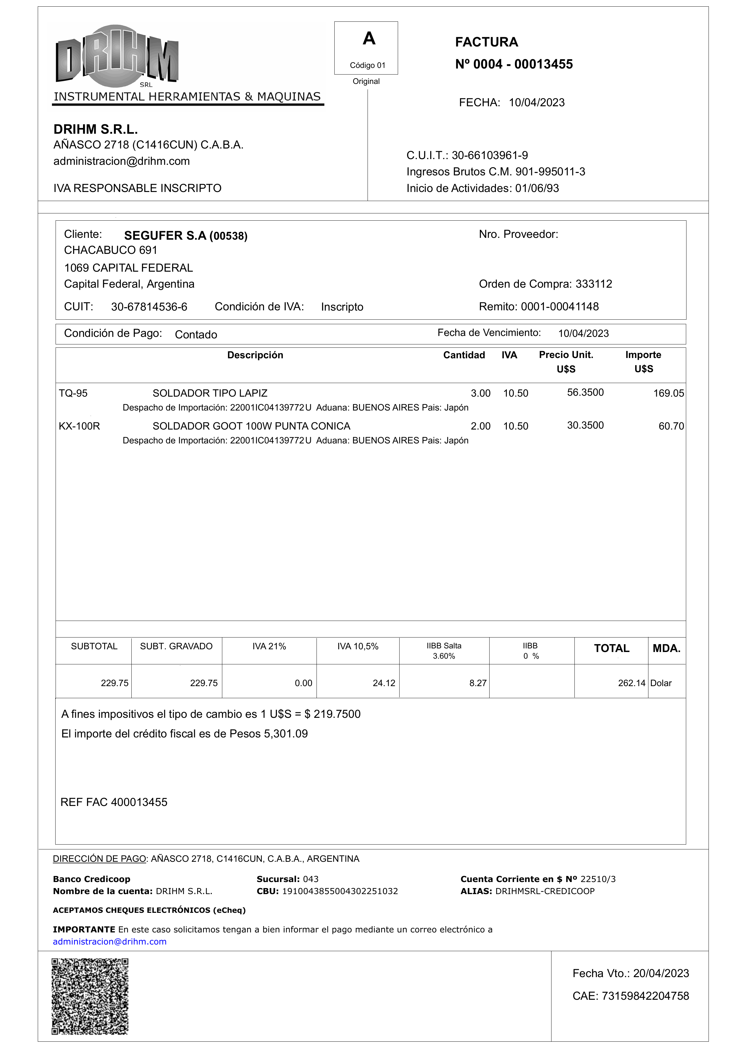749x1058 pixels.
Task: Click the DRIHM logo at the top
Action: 117,56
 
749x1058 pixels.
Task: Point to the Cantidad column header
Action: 464,355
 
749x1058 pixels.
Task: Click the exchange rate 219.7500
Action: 337,714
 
